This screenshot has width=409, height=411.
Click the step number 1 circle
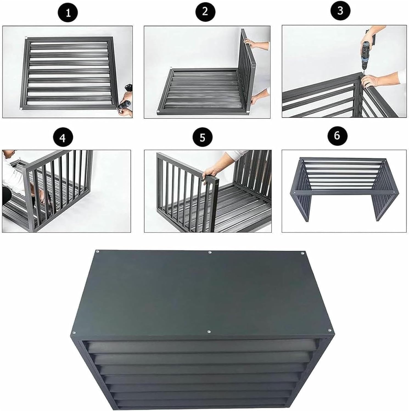pyautogui.click(x=68, y=13)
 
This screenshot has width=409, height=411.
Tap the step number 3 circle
pyautogui.click(x=340, y=11)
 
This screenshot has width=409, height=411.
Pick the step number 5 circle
pyautogui.click(x=202, y=137)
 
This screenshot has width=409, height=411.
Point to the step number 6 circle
pyautogui.click(x=337, y=135)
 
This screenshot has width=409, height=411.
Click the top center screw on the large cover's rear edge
pyautogui.click(x=210, y=252)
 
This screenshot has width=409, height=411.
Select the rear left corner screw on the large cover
pyautogui.click(x=97, y=251)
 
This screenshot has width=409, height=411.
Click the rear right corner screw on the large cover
pyautogui.click(x=302, y=253)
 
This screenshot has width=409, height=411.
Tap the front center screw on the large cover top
pyautogui.click(x=209, y=332)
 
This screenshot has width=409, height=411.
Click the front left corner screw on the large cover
pyautogui.click(x=74, y=333)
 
